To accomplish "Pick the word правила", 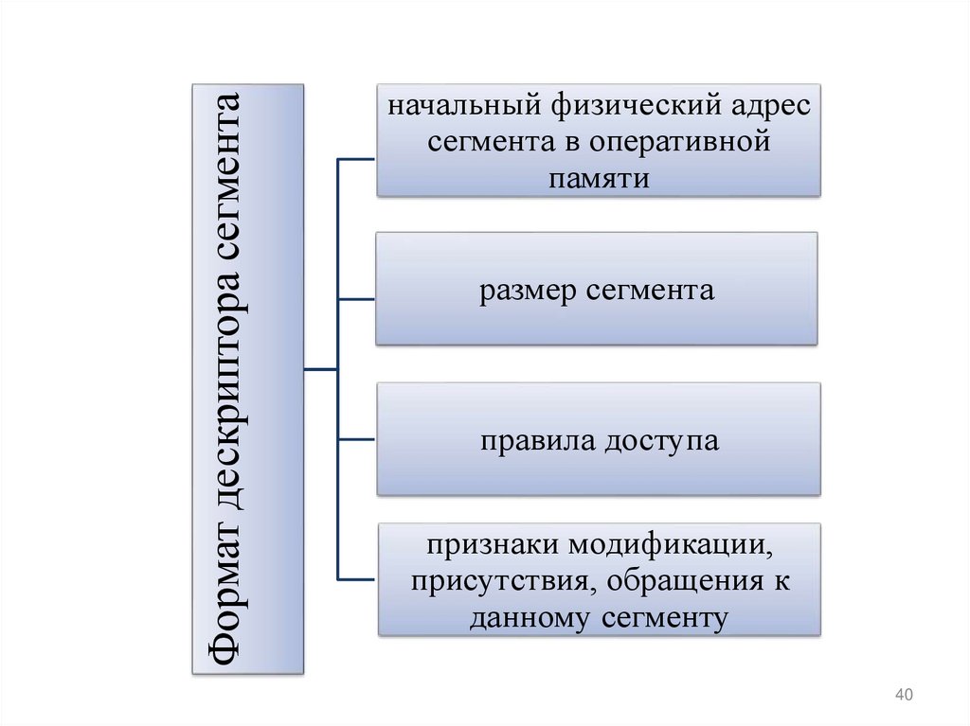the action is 530,441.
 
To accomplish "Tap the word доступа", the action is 657,441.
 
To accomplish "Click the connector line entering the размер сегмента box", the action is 356,299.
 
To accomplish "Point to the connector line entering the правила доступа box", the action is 356,439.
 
